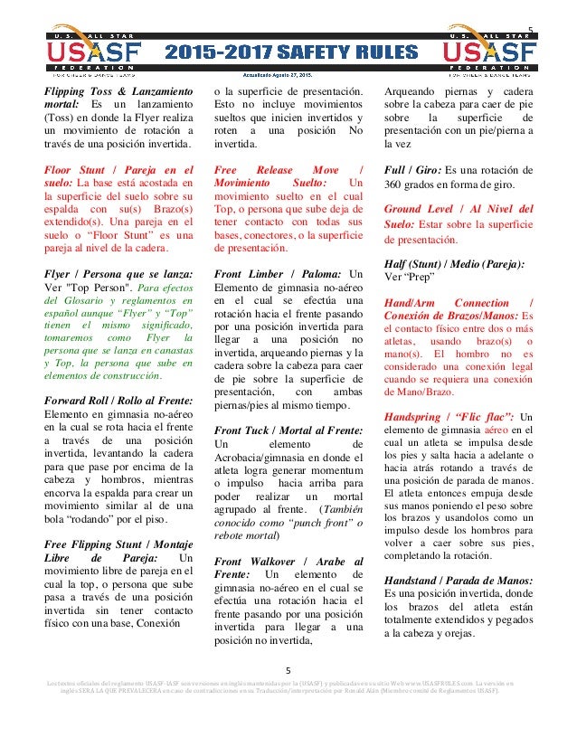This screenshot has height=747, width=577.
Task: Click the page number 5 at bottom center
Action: pos(288,670)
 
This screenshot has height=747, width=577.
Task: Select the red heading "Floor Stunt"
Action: pos(80,169)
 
